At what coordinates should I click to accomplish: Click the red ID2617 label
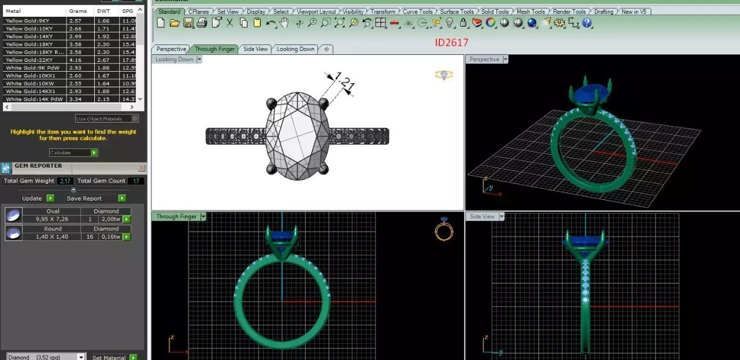(x=452, y=42)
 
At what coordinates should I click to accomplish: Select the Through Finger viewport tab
(x=214, y=49)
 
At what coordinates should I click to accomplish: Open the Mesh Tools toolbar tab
(x=530, y=12)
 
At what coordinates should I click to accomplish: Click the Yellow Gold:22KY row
(x=29, y=60)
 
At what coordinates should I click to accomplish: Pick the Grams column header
(x=78, y=11)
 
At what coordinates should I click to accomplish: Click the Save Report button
(x=84, y=198)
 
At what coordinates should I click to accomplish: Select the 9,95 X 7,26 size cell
(x=52, y=219)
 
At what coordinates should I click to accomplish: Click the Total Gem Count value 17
(x=136, y=181)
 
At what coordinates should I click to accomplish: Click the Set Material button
(x=109, y=357)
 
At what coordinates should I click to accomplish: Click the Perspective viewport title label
(x=484, y=60)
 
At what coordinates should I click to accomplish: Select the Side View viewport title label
(x=482, y=217)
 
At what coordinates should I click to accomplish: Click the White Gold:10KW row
(x=29, y=83)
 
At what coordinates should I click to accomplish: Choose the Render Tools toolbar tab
(x=569, y=12)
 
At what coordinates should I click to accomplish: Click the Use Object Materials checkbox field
(x=106, y=118)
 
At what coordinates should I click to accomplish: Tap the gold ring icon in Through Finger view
(x=443, y=230)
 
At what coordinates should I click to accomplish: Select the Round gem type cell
(x=52, y=229)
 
